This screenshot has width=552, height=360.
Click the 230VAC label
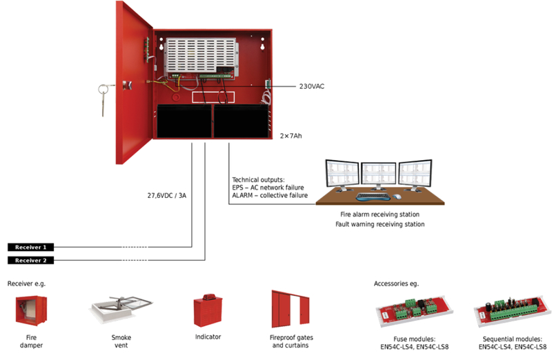click(x=312, y=87)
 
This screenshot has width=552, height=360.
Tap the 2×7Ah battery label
click(x=290, y=136)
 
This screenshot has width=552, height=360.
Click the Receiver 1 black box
click(x=32, y=247)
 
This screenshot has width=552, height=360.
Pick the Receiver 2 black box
click(x=32, y=260)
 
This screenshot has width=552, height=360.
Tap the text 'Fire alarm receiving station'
click(x=379, y=214)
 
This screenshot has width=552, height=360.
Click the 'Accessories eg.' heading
click(x=396, y=283)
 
